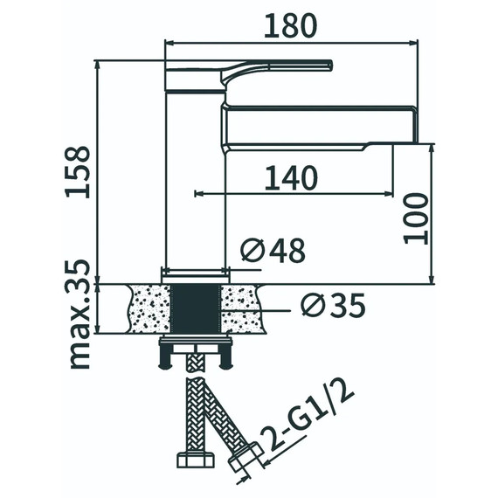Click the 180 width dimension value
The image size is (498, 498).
291,26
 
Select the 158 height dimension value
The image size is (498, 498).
78,172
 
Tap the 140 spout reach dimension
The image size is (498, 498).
291,178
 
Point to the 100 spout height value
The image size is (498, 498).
416,218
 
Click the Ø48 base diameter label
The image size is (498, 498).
273,251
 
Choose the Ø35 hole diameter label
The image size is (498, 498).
333,305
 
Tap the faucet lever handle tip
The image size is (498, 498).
330,66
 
